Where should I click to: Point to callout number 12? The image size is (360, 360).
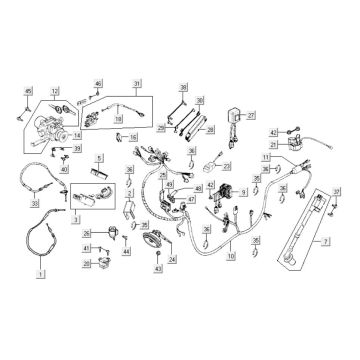(x=56, y=91)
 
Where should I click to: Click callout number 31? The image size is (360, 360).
(x=136, y=83)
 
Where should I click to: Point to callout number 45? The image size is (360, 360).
(x=29, y=92)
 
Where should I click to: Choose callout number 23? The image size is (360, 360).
(x=226, y=167)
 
